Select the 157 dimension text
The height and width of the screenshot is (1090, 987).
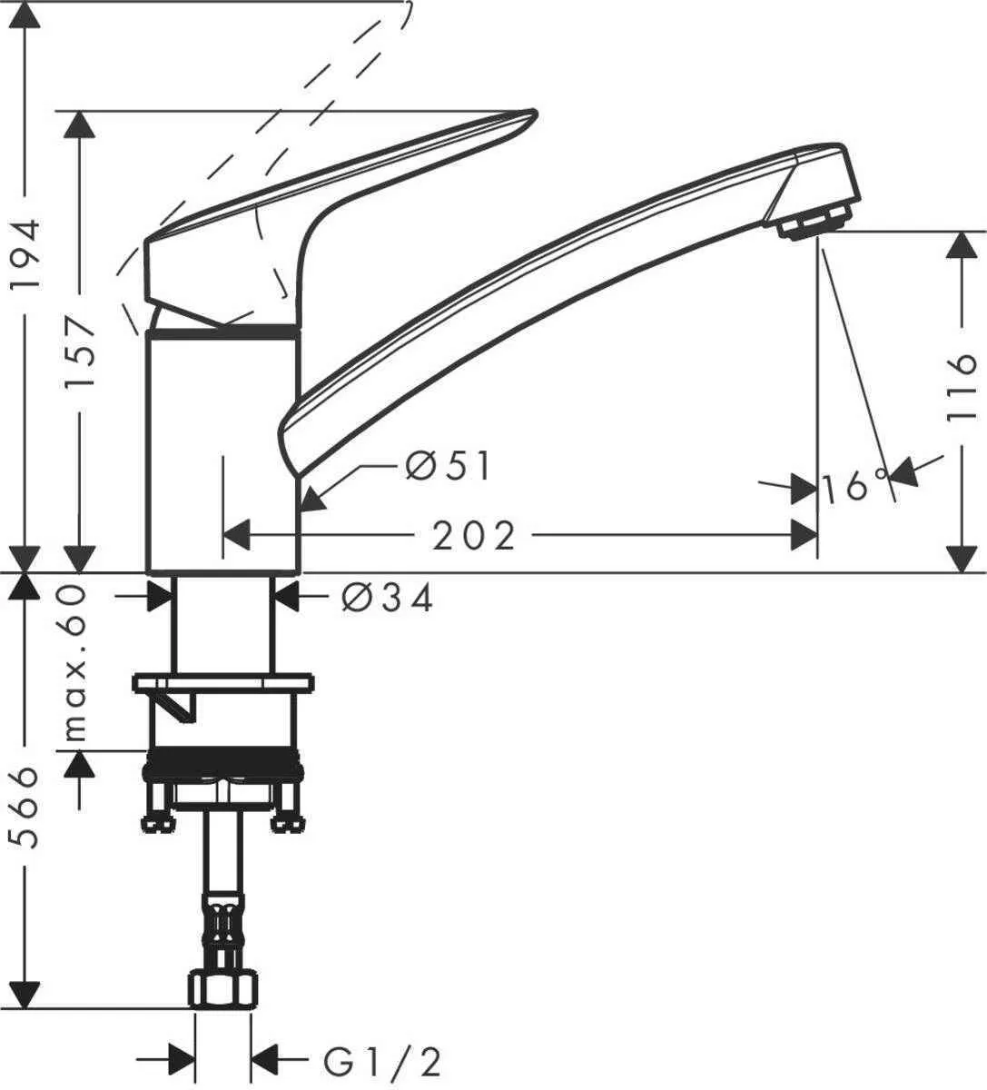[83, 352]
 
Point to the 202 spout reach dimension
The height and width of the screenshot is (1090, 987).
[473, 536]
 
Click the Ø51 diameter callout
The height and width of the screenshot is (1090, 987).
[449, 467]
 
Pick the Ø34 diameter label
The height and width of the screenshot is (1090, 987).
[388, 598]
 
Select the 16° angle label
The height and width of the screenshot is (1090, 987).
[854, 488]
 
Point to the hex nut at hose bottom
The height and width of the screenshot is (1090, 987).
[222, 988]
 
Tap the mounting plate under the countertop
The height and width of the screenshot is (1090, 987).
[222, 682]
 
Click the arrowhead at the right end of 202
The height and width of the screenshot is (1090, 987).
[804, 535]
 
